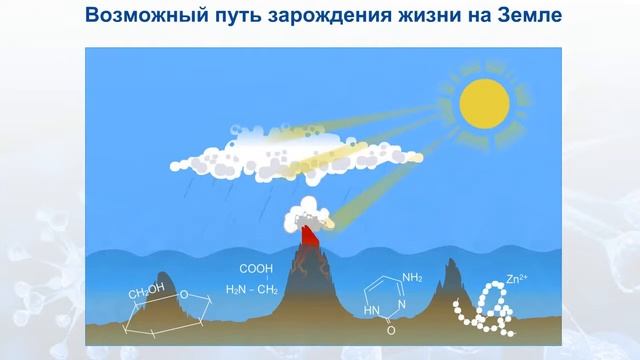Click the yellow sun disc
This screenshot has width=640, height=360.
(x=483, y=103)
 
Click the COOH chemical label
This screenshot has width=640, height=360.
(x=256, y=269)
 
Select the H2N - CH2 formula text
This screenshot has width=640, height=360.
(x=251, y=290)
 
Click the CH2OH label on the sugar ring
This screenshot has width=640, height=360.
(x=146, y=292)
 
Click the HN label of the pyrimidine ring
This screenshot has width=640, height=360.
(x=372, y=311)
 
